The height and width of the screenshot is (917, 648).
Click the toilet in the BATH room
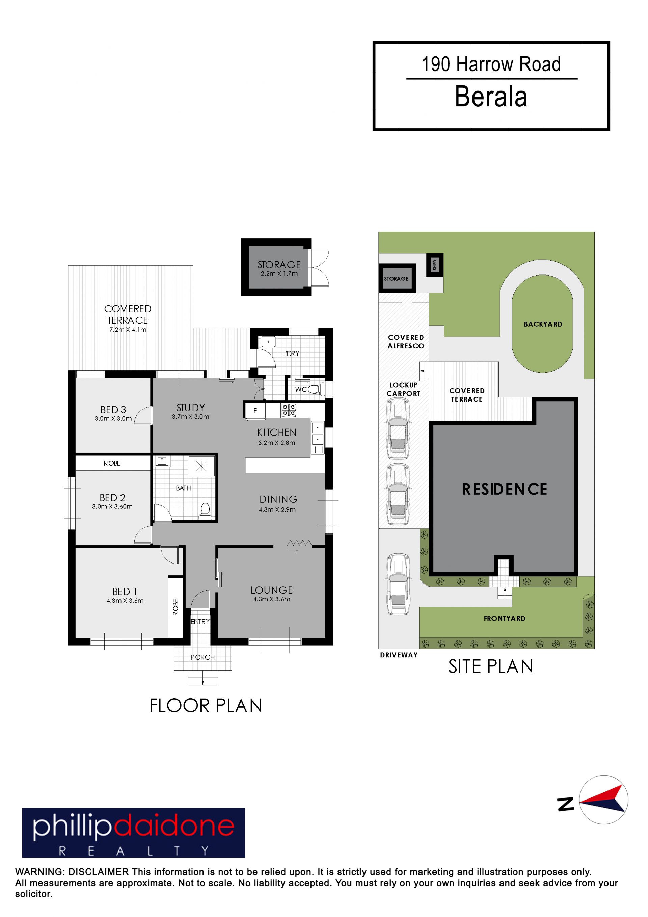[205, 511]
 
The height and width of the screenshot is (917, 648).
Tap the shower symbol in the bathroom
[201, 466]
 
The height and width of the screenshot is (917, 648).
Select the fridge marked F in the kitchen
[255, 411]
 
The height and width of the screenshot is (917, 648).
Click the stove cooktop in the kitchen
[289, 411]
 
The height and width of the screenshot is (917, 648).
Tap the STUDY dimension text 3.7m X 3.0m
[190, 417]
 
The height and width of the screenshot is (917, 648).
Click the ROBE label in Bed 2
[112, 463]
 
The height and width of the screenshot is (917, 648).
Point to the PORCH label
[202, 657]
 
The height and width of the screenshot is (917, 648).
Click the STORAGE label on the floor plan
[279, 264]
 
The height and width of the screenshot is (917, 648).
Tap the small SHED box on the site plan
[435, 264]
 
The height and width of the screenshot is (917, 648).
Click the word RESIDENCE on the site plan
[505, 489]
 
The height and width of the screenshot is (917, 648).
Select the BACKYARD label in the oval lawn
[543, 324]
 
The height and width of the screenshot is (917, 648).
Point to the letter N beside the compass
[566, 804]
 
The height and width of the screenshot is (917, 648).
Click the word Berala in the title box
[491, 97]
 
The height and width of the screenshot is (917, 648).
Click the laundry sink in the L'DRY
[268, 342]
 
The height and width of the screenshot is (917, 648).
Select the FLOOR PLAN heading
[206, 706]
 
